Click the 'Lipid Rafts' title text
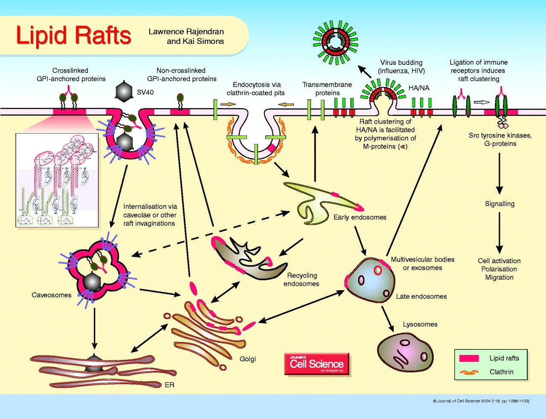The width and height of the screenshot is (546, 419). (x=73, y=35)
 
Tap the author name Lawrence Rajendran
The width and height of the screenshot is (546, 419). (x=186, y=32)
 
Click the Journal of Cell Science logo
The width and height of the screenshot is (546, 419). (x=317, y=364)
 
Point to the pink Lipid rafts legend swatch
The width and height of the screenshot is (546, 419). (x=469, y=358)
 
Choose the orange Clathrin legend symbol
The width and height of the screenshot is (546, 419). (x=469, y=372)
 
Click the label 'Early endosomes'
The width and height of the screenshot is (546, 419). (x=360, y=217)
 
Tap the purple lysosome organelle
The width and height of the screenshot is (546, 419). (x=405, y=352)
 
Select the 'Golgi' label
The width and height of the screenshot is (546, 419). (x=247, y=359)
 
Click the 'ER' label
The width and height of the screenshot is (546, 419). (x=169, y=385)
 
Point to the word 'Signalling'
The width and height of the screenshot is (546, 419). (x=500, y=204)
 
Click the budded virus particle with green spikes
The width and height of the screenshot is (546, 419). (x=336, y=42)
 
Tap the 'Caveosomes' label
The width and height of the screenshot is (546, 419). (x=51, y=295)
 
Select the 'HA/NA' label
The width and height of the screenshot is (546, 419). (x=419, y=88)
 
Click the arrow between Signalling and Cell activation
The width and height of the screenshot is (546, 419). (x=500, y=233)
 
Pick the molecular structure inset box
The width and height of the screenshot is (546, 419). (x=57, y=180)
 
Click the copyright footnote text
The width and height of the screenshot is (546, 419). (x=481, y=401)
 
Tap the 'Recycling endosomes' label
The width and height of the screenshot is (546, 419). (x=301, y=279)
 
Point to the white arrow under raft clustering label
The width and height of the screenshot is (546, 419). (x=482, y=102)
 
